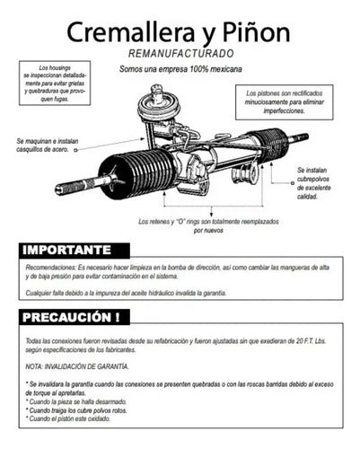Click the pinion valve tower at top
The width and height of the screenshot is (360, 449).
(x=159, y=103)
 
